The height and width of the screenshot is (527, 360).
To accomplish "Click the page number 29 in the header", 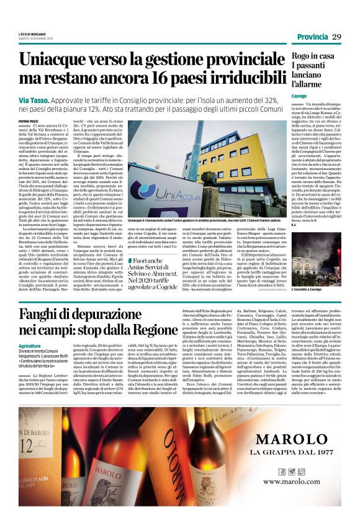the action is pyautogui.click(x=337, y=37).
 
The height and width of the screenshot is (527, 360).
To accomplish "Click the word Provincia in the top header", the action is pyautogui.click(x=312, y=37).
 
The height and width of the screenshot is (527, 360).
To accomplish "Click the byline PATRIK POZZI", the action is pyautogui.click(x=27, y=123).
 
